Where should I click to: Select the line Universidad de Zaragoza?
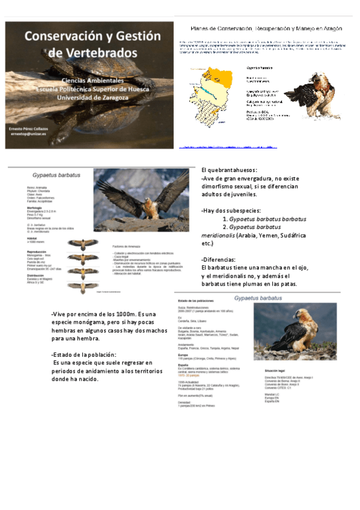pyautogui.click(x=96, y=98)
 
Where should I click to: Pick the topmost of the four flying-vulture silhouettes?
pyautogui.click(x=82, y=244)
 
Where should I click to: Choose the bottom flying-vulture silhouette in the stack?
pyautogui.click(x=82, y=287)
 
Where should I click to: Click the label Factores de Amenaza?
pyautogui.click(x=128, y=247)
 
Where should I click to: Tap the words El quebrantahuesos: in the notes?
pyautogui.click(x=229, y=170)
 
